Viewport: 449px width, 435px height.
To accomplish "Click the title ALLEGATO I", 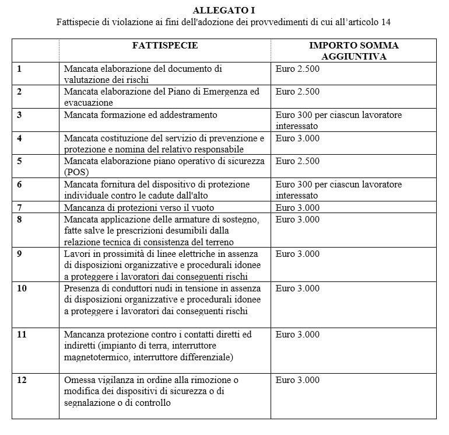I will (x=224, y=11).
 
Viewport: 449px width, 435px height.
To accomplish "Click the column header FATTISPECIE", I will (x=164, y=45).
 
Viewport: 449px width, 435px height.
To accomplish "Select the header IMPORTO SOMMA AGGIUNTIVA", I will (x=353, y=51).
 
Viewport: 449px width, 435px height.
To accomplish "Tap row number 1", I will (x=19, y=69).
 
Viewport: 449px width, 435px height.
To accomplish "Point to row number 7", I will (x=19, y=207).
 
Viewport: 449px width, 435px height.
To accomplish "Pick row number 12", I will (x=22, y=380).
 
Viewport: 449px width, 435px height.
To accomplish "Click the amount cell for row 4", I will (x=297, y=138).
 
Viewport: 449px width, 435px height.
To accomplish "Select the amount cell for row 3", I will (x=338, y=120).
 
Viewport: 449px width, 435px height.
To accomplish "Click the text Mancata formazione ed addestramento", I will (x=140, y=115).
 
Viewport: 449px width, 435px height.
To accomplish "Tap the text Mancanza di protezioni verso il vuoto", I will (x=139, y=207).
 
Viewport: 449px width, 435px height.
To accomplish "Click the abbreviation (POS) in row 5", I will (x=76, y=172).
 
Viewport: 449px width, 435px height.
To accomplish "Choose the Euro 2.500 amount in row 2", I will (x=297, y=92).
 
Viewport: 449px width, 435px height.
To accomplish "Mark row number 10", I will (x=22, y=288).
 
